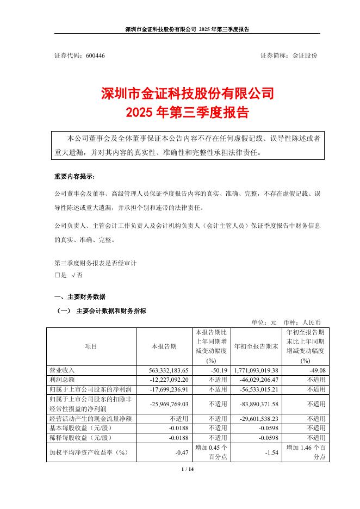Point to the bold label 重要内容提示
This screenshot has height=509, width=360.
click(x=75, y=177)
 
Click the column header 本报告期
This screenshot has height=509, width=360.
click(x=164, y=346)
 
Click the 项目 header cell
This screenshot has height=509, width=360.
click(x=91, y=346)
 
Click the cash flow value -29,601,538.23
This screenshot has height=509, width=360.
click(x=257, y=418)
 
